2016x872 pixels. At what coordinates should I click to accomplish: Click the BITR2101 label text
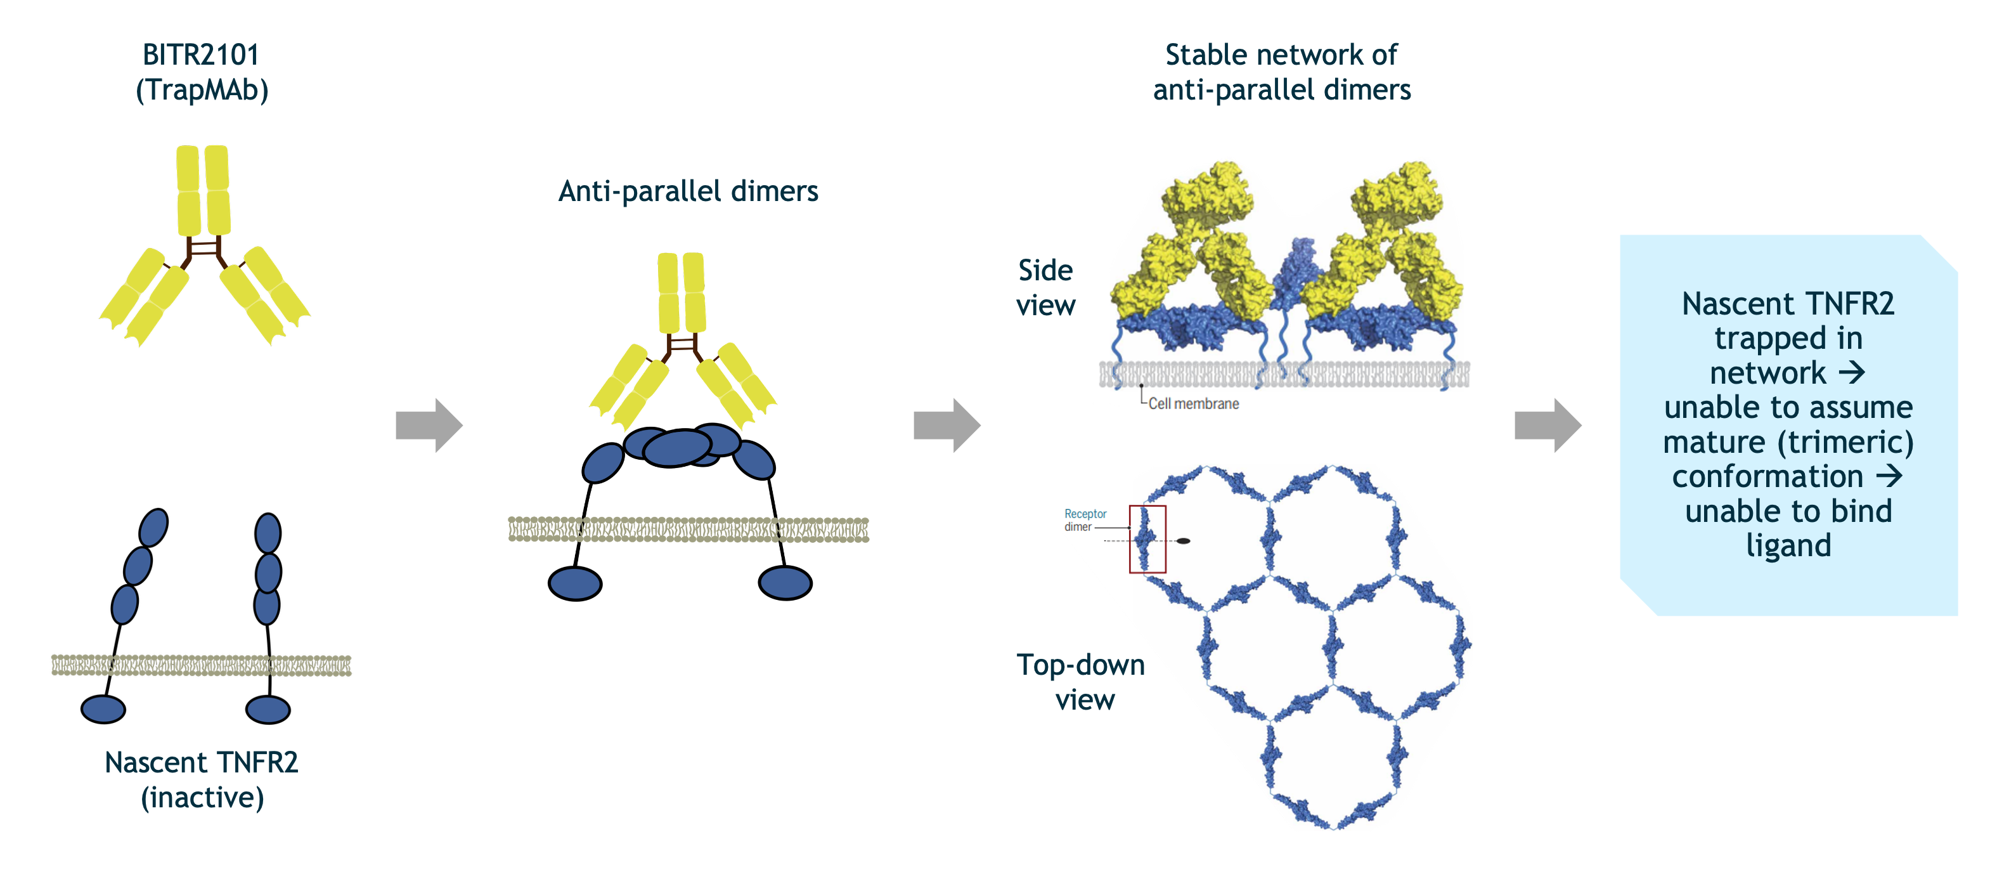(x=200, y=55)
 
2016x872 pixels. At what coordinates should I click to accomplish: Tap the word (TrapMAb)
(x=202, y=90)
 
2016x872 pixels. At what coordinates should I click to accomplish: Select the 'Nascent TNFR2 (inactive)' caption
(x=202, y=779)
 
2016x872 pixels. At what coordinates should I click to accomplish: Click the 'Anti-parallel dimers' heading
(x=688, y=192)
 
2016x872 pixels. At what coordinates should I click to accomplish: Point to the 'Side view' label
(x=1045, y=287)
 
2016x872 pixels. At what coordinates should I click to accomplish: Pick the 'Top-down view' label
(x=1081, y=682)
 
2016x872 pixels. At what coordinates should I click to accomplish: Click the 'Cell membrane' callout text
(x=1194, y=404)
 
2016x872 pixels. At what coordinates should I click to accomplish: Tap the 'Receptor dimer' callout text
(x=1085, y=520)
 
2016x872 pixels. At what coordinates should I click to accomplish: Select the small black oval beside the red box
(x=1184, y=540)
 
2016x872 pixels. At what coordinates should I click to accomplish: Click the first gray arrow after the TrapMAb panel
(x=429, y=425)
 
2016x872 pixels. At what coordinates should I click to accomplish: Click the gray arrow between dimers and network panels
(x=946, y=425)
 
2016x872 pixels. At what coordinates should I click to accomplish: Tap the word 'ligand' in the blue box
(x=1788, y=545)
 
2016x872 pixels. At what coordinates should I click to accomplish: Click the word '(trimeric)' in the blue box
(x=1845, y=442)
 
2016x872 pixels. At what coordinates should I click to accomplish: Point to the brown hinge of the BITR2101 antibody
(x=204, y=249)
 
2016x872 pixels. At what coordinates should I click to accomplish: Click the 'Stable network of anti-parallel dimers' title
(x=1281, y=72)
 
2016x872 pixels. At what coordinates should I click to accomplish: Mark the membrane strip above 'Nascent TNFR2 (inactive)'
(x=201, y=665)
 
